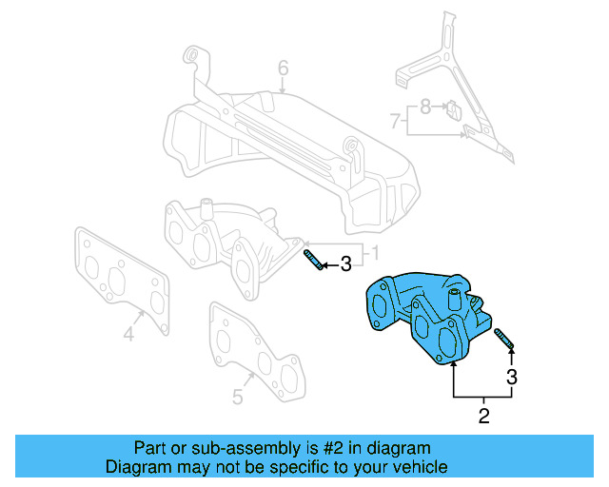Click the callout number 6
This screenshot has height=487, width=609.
[x=283, y=68]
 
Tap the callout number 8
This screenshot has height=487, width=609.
[x=425, y=107]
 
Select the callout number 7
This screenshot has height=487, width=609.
[x=394, y=121]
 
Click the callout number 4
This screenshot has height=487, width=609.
[x=128, y=333]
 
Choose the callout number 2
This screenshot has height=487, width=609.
[x=483, y=415]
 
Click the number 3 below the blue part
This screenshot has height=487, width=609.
[x=512, y=377]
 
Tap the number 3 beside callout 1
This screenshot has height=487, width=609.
[x=345, y=263]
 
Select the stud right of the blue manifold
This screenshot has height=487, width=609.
[x=504, y=338]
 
